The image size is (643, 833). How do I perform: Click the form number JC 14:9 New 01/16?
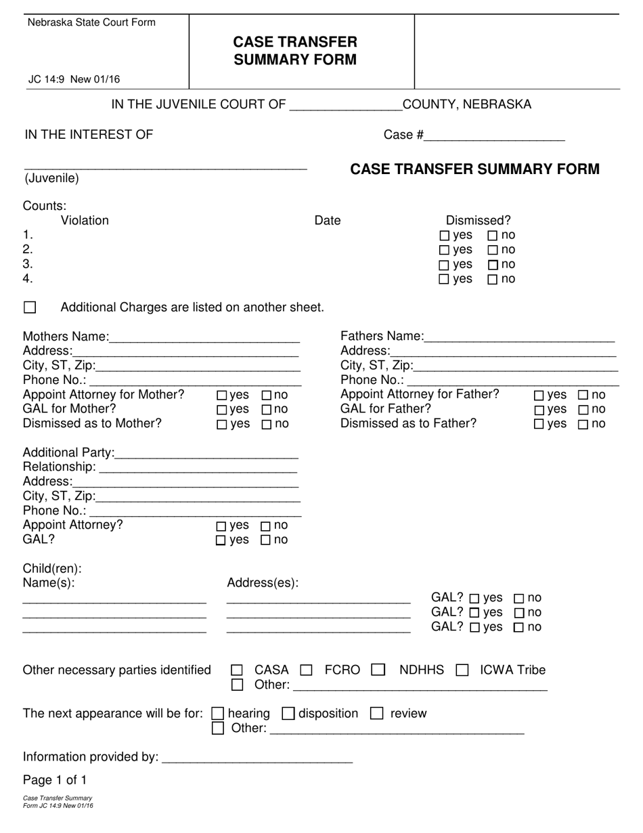(x=74, y=79)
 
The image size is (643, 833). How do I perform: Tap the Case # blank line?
(x=494, y=135)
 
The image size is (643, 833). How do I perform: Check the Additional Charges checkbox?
(x=30, y=307)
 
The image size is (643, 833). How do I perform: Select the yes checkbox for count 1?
(x=445, y=236)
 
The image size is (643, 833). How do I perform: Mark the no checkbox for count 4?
(x=493, y=279)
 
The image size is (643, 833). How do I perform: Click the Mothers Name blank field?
(x=204, y=337)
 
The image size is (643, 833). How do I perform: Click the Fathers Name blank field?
(x=519, y=337)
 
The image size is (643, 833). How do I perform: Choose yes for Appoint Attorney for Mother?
(x=222, y=396)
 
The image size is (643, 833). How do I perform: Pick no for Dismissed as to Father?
(x=583, y=425)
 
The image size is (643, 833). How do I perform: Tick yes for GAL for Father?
(x=539, y=410)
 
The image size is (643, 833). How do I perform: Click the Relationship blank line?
(x=198, y=467)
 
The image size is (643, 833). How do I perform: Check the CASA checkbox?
(x=237, y=670)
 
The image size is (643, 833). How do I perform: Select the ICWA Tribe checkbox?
(x=462, y=670)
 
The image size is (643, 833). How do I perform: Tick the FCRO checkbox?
(x=307, y=670)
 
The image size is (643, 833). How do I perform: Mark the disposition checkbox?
(x=288, y=713)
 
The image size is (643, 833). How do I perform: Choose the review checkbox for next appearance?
(x=377, y=713)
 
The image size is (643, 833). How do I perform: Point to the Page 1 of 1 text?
(x=55, y=779)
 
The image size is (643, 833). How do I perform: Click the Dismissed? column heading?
(x=478, y=220)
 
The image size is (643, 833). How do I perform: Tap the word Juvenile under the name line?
(x=52, y=179)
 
